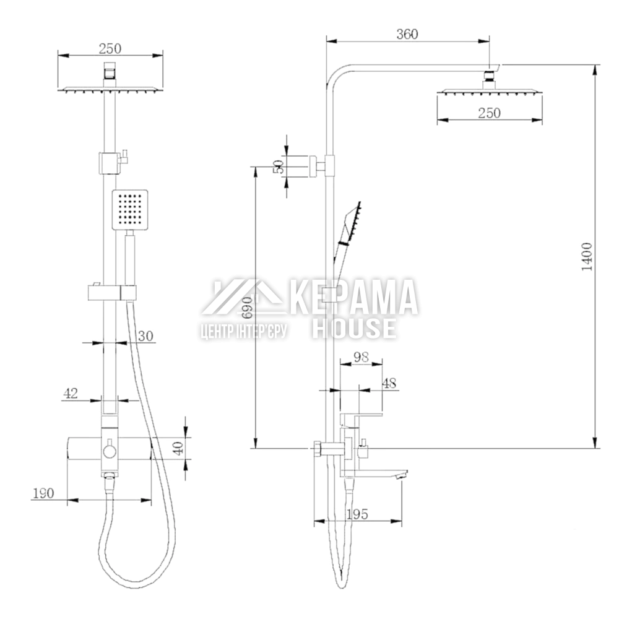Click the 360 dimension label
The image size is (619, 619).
point(407,34)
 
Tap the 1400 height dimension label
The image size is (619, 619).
point(587,257)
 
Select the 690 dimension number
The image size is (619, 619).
point(248,308)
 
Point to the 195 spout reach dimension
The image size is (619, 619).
point(357,514)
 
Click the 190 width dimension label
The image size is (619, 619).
point(43,493)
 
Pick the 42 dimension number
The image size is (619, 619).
point(71,393)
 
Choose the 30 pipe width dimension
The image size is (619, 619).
point(145,336)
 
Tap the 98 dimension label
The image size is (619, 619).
point(361,357)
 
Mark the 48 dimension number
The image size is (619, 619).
point(389,383)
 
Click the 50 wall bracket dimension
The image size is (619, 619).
point(279,167)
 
